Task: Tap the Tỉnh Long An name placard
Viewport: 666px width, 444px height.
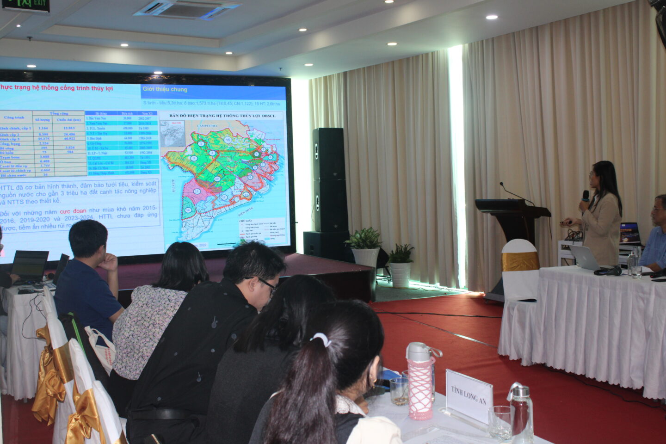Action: pos(469,396)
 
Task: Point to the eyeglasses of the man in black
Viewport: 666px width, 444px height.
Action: pos(268,284)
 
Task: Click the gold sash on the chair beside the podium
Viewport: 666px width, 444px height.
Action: pos(520,261)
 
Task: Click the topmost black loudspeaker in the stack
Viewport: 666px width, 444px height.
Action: pos(328,154)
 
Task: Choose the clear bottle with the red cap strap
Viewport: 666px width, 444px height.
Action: pos(521,411)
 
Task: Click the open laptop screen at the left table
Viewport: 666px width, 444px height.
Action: pos(30,265)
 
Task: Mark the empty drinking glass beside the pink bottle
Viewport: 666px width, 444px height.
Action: pos(398,391)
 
